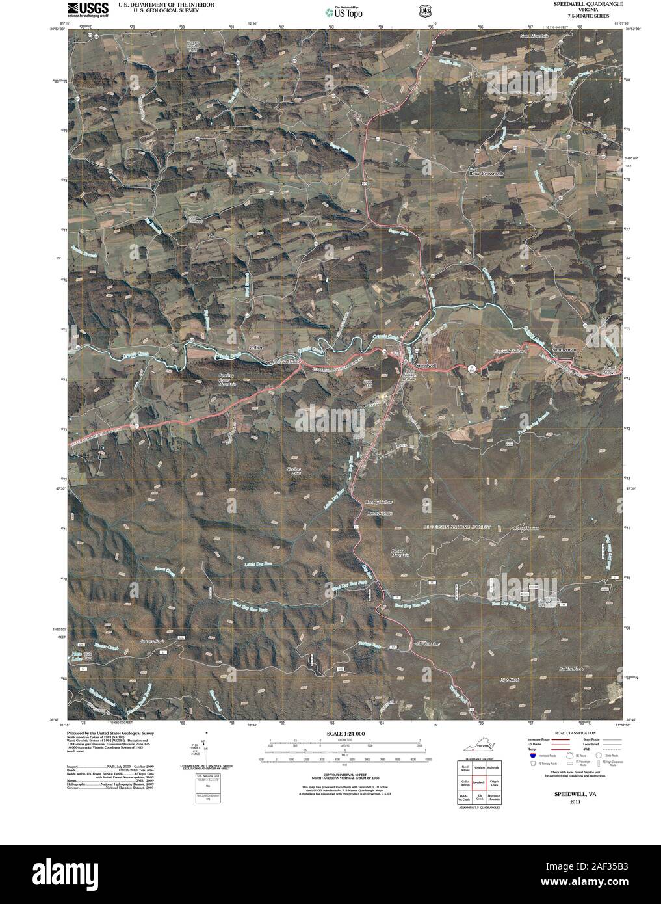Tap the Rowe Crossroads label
coord(486,174)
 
